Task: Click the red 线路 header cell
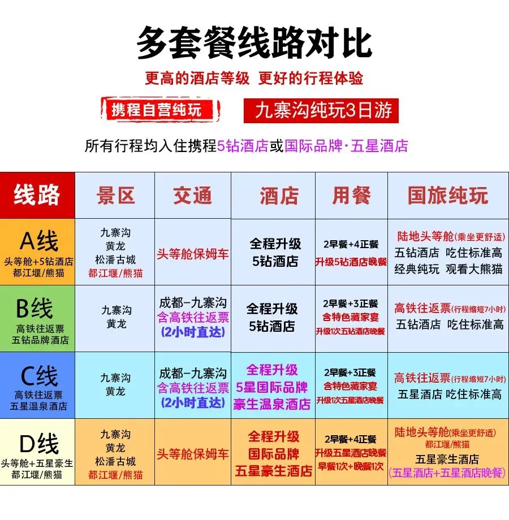[x=37, y=195]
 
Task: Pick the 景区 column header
[x=115, y=196]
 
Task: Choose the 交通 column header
[x=193, y=196]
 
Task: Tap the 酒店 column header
[x=279, y=196]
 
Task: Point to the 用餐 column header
[x=351, y=196]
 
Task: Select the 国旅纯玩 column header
[x=447, y=196]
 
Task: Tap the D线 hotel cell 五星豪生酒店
[x=274, y=470]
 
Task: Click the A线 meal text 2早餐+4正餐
[x=351, y=244]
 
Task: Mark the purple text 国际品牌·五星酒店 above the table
[x=346, y=146]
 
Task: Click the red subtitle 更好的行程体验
[x=311, y=79]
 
